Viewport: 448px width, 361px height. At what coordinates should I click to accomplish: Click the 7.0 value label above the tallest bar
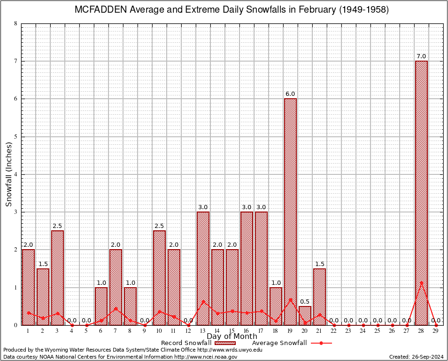click(421, 56)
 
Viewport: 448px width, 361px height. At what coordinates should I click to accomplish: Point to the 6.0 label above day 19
click(290, 94)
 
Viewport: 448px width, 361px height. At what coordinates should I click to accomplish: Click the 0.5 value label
click(305, 301)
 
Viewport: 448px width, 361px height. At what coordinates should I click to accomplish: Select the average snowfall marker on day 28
click(421, 283)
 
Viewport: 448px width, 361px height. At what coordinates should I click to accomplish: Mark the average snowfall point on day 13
click(203, 301)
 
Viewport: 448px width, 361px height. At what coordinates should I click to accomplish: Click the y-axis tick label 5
click(16, 137)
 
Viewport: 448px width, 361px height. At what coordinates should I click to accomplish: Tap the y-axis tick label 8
click(16, 24)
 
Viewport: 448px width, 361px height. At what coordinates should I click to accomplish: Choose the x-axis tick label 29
click(436, 331)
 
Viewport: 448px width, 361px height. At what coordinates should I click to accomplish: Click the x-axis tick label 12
click(188, 331)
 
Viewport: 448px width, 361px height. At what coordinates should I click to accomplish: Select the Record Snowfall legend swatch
click(224, 343)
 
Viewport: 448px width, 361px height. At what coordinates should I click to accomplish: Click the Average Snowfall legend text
click(279, 343)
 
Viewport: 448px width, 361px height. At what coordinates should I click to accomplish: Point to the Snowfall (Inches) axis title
click(9, 174)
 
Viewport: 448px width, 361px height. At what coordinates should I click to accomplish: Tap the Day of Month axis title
click(232, 336)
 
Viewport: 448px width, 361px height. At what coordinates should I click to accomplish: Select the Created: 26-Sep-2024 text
click(417, 357)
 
